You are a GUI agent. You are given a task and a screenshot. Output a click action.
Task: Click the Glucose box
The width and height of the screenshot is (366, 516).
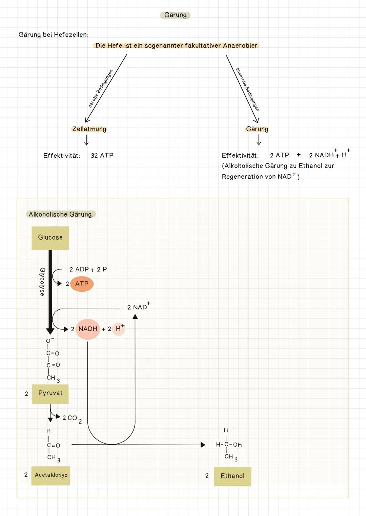(50, 238)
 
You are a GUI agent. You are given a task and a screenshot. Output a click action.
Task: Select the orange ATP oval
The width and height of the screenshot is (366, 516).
(82, 284)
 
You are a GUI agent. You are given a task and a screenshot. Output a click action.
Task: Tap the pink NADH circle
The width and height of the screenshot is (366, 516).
(88, 329)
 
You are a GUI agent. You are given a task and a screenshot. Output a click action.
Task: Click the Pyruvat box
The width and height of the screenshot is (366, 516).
(50, 394)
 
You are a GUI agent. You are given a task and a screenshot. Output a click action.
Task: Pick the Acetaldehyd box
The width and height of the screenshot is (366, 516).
(51, 475)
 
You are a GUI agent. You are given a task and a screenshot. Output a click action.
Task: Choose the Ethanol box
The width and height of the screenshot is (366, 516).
(232, 476)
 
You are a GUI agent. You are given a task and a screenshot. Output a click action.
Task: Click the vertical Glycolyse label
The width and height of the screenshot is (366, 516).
(42, 282)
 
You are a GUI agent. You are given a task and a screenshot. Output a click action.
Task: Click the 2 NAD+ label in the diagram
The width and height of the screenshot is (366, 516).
(138, 307)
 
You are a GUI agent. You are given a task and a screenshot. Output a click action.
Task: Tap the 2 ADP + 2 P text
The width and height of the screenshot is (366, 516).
(88, 270)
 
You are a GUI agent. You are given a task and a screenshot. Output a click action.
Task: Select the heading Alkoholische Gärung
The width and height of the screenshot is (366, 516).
(61, 215)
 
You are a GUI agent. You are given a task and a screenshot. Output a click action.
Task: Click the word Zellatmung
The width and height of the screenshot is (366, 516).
(89, 129)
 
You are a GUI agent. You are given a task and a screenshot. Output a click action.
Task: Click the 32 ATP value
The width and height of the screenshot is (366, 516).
(102, 156)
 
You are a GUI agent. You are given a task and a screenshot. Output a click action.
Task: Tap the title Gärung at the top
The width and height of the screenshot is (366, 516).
(175, 15)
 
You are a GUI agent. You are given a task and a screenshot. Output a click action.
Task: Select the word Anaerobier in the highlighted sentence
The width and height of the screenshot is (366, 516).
(240, 46)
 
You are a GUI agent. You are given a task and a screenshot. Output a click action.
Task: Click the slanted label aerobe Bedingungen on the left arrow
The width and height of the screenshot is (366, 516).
(100, 89)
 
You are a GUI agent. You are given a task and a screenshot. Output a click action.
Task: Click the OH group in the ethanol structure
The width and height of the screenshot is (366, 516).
(237, 445)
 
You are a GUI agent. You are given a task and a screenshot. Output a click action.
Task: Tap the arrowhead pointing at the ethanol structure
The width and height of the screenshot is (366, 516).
(203, 445)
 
